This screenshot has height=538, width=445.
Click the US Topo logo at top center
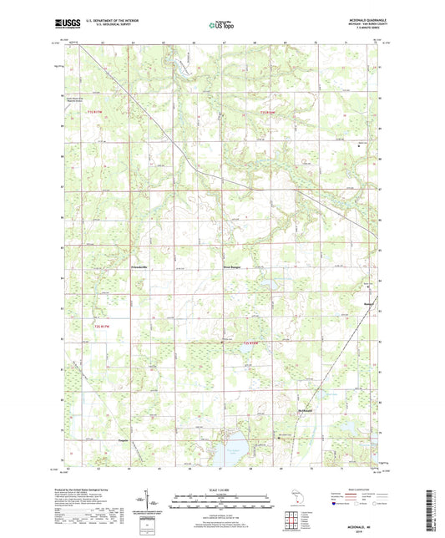click(220, 26)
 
